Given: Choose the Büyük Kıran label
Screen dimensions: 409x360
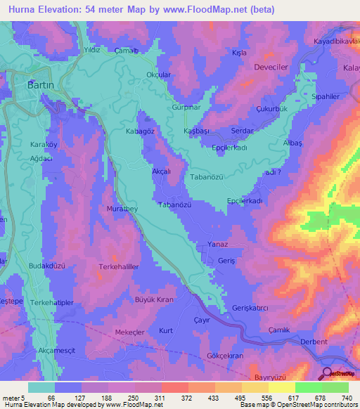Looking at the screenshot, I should (154, 299).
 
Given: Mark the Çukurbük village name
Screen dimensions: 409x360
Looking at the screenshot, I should (273, 110).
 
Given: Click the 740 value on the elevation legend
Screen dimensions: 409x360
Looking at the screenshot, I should (347, 398).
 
